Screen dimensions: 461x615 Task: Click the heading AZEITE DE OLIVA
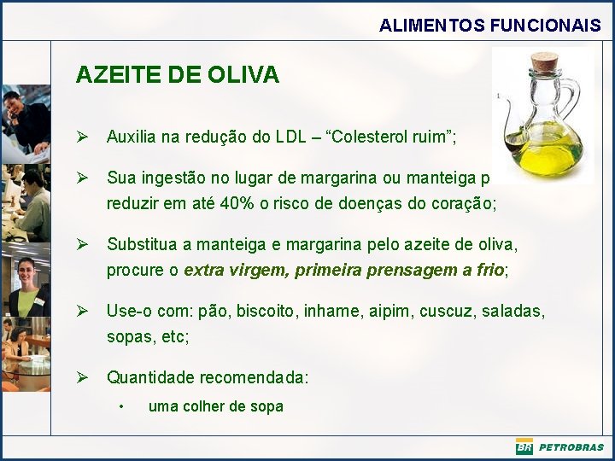coord(177,75)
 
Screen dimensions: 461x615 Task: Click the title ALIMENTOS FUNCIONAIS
coord(489,26)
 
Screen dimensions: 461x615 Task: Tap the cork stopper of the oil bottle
coord(543,63)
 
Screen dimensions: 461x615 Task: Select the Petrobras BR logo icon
coord(524,446)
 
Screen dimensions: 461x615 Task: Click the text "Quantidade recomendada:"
coord(208,377)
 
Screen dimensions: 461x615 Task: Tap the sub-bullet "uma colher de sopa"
coord(215,406)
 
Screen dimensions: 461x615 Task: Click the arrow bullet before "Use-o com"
coord(82,312)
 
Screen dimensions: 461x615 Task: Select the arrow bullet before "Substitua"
coord(82,245)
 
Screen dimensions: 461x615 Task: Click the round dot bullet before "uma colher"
coord(123,406)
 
